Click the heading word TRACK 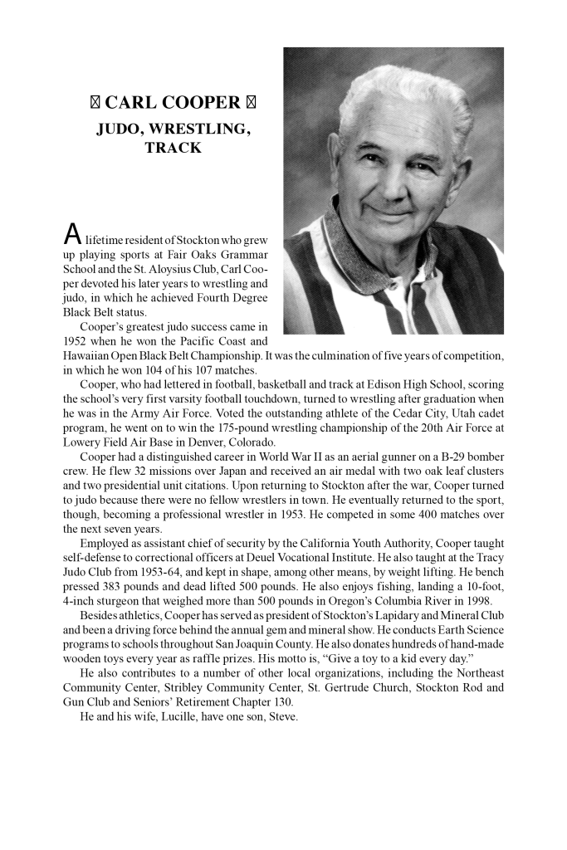coord(173,149)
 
